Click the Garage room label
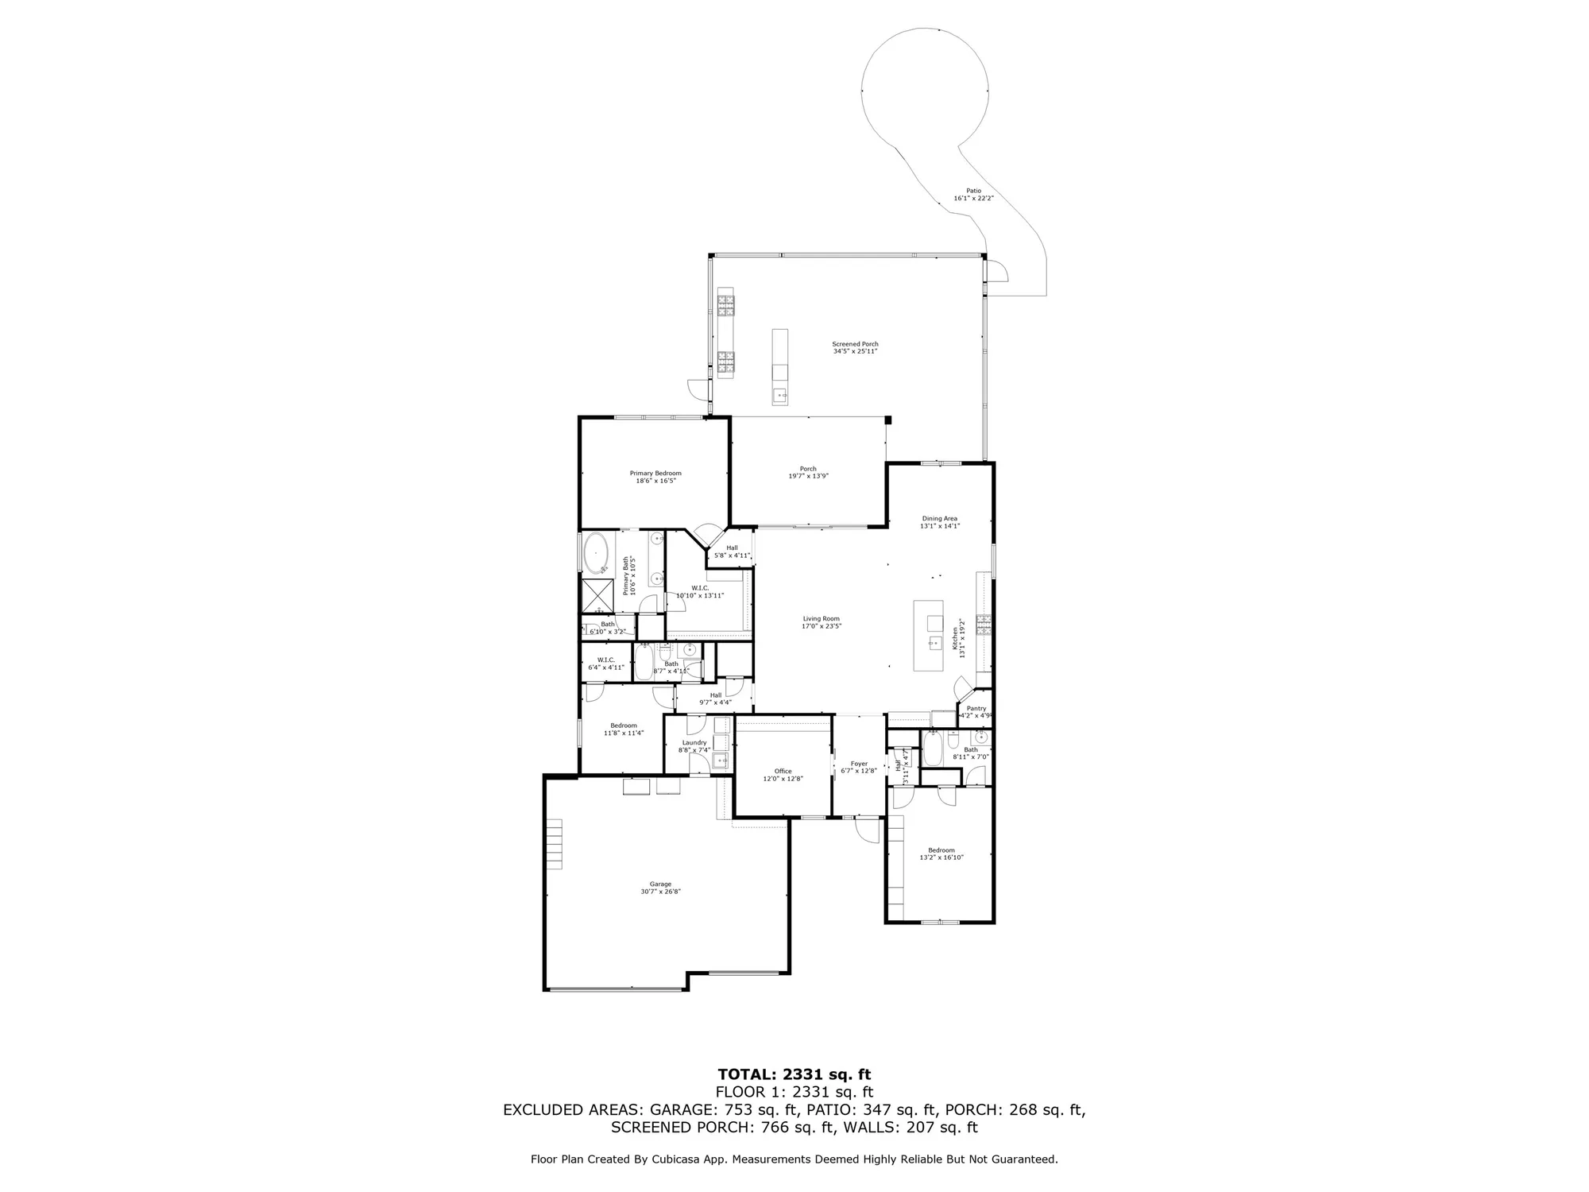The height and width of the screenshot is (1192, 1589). [660, 884]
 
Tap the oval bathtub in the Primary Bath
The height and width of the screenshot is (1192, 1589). [596, 553]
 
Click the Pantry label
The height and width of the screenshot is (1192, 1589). [976, 709]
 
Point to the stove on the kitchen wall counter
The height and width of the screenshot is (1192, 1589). [984, 623]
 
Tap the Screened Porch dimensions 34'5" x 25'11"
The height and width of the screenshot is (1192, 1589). [855, 351]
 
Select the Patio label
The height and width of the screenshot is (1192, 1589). [973, 191]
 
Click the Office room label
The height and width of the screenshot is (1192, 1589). [783, 771]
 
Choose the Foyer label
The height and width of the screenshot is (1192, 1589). [859, 764]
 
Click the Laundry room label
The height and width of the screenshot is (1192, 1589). [694, 743]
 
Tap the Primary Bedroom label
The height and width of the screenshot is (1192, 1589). [655, 473]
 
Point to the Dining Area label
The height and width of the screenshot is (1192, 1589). [939, 519]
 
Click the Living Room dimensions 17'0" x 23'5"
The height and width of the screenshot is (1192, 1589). [821, 626]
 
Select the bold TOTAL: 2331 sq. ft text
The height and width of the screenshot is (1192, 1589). [794, 1075]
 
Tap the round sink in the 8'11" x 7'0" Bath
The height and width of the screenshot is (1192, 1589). [981, 737]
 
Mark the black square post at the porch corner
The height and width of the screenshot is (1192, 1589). [889, 420]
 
